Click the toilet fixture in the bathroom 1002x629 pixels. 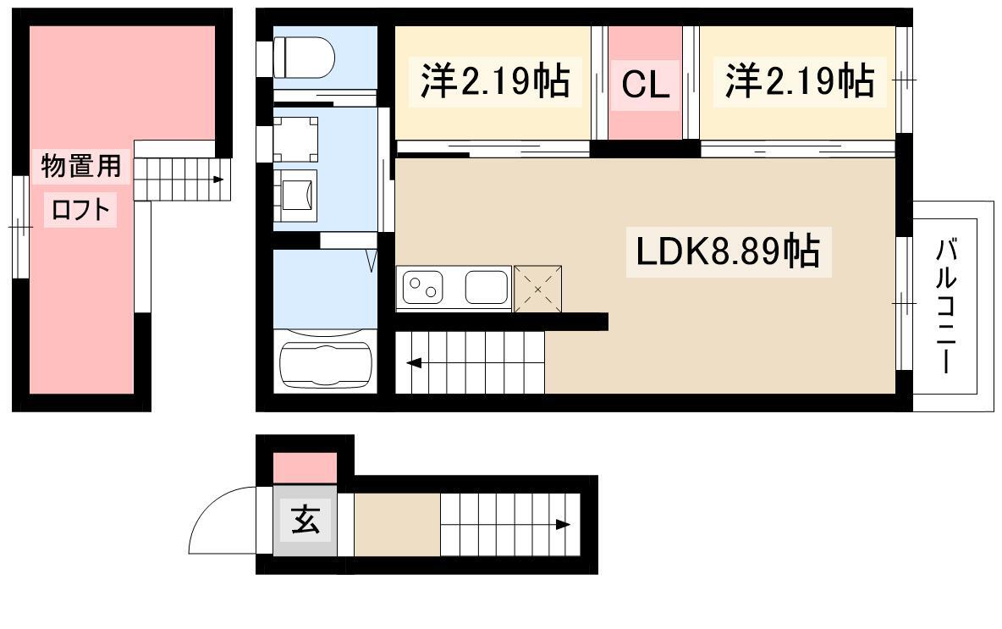pos(304,57)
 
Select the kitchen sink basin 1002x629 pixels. pos(487,287)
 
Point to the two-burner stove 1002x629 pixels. pos(422,287)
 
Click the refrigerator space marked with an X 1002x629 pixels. pos(538,289)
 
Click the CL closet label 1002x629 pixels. pos(645,84)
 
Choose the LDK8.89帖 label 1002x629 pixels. pos(728,251)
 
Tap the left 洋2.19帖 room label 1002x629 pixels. pos(494,81)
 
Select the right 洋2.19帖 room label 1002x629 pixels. pos(800,81)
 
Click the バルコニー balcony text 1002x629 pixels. pos(946,305)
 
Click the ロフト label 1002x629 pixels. pos(80,210)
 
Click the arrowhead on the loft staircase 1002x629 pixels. pos(218,179)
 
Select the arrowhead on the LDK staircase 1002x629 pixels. pos(414,364)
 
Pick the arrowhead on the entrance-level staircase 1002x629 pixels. pos(562,525)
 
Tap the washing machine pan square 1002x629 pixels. pos(295,140)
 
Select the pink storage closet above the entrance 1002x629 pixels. pos(305,468)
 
